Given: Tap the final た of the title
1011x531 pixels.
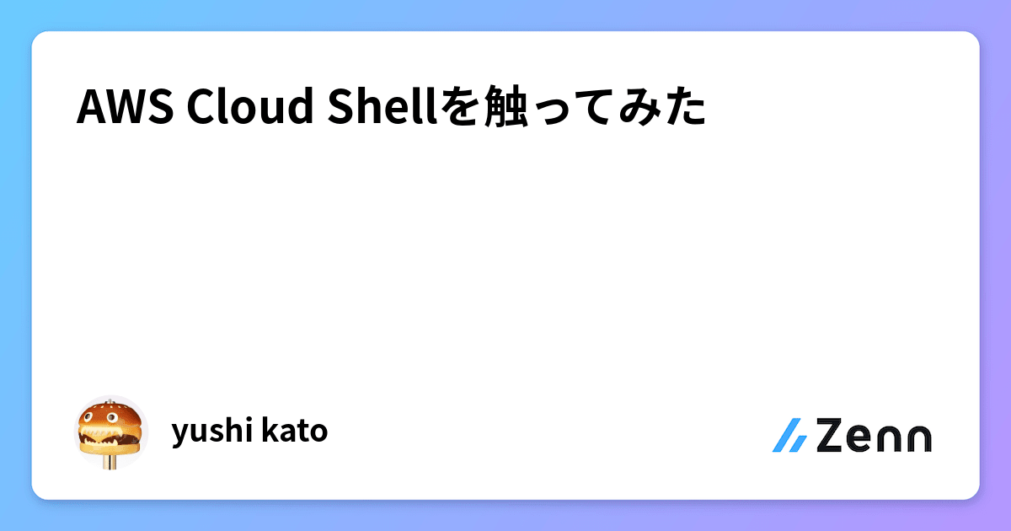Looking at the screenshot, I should (x=684, y=109).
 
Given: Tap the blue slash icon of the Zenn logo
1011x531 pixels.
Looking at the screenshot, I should (x=790, y=435).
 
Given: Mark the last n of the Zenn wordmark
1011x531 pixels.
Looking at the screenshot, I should (x=917, y=438).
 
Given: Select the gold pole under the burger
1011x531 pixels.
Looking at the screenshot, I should (x=110, y=462).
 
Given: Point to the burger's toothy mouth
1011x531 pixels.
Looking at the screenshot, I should (x=109, y=436).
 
